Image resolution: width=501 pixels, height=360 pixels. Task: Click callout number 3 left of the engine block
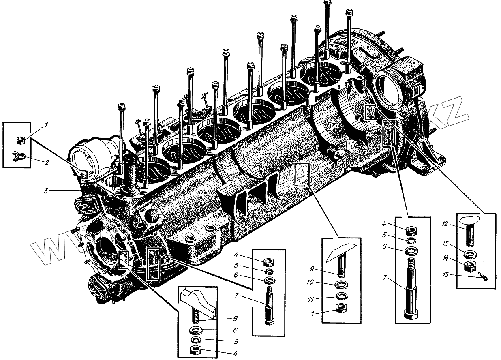click(47, 190)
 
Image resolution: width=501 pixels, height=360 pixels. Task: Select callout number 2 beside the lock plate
click(47, 162)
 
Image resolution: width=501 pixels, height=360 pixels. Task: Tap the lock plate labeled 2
click(19, 154)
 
